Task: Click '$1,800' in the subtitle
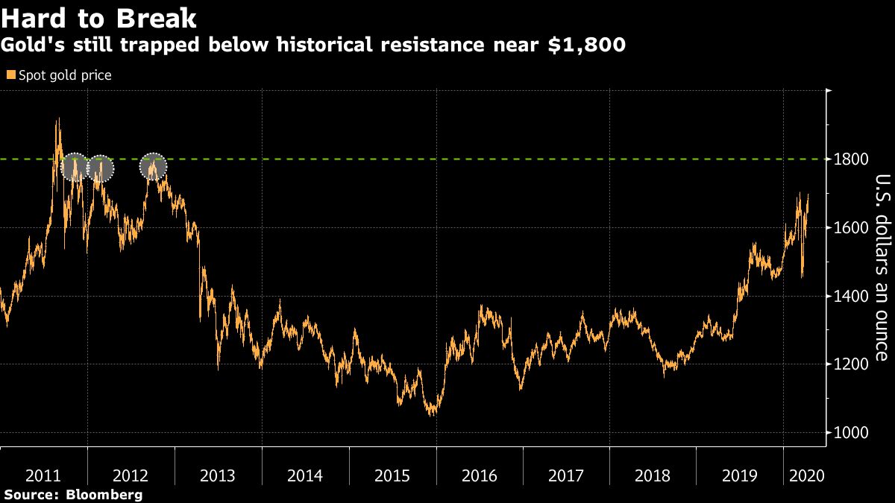pos(587,45)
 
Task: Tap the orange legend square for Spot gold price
pos(10,75)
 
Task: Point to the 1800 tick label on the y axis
pos(851,159)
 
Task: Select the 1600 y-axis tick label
pos(851,228)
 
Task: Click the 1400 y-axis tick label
pos(851,297)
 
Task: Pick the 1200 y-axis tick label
pos(851,364)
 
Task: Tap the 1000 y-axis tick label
pos(851,433)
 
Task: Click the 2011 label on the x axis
pos(43,476)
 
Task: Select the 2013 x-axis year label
pos(218,476)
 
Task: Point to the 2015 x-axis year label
pos(392,476)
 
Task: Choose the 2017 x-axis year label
pos(566,476)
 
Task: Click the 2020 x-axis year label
pos(805,476)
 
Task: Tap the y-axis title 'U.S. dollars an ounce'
pos(882,267)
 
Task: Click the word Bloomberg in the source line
pos(104,495)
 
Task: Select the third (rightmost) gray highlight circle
pos(154,167)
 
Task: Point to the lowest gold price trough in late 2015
pos(431,414)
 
